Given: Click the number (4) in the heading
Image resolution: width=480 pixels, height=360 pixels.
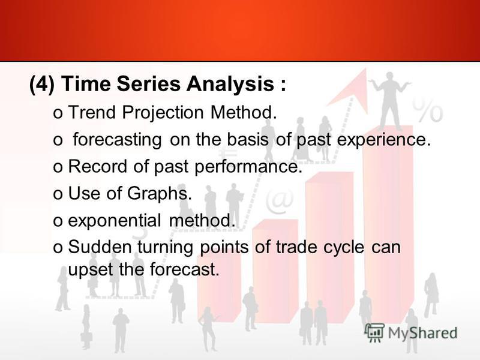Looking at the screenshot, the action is [42, 84].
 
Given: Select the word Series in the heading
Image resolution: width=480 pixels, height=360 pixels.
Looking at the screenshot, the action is [149, 83].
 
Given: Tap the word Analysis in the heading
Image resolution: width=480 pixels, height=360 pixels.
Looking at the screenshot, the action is [230, 84].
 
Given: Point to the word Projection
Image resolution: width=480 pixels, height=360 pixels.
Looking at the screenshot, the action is [163, 113].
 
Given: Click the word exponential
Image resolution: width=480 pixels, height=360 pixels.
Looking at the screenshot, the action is [114, 221].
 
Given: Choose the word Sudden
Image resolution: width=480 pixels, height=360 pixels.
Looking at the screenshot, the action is [100, 247].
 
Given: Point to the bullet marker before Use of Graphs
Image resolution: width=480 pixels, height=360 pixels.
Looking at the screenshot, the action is [58, 195].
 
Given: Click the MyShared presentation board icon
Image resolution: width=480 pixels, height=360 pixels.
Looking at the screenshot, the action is [374, 332].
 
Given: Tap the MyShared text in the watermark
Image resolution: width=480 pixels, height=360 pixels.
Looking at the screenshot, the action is [423, 333].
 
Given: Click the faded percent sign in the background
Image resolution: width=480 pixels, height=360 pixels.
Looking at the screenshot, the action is [427, 110].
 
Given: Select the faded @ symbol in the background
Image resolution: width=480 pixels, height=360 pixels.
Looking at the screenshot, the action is [279, 201].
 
